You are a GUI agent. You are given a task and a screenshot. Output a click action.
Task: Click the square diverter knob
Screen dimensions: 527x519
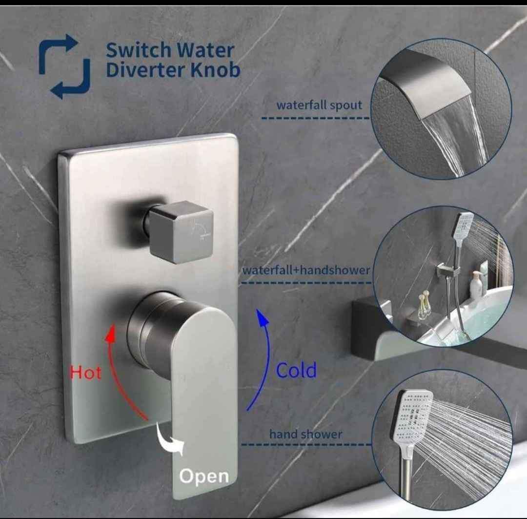click(x=181, y=232)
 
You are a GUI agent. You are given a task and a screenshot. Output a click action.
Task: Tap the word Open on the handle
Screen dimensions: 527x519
click(x=204, y=477)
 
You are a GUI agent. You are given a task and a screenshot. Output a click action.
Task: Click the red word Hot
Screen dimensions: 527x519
click(x=86, y=373)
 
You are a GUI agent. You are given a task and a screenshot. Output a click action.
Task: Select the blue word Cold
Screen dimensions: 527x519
click(x=296, y=370)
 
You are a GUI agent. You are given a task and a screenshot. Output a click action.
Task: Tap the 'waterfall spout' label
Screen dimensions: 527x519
click(x=319, y=105)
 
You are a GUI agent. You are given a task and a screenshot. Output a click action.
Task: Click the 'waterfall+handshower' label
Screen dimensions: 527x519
click(x=306, y=270)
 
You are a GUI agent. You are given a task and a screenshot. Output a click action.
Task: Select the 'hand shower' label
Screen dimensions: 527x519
click(x=305, y=434)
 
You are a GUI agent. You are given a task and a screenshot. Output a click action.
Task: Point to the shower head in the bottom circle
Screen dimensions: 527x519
click(x=412, y=416)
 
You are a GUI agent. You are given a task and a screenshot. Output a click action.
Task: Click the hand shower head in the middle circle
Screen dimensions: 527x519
click(x=463, y=226)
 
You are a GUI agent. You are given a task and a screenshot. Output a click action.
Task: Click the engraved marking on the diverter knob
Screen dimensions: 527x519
click(x=201, y=230)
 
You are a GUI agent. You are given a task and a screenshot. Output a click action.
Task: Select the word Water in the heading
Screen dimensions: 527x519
click(x=206, y=50)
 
